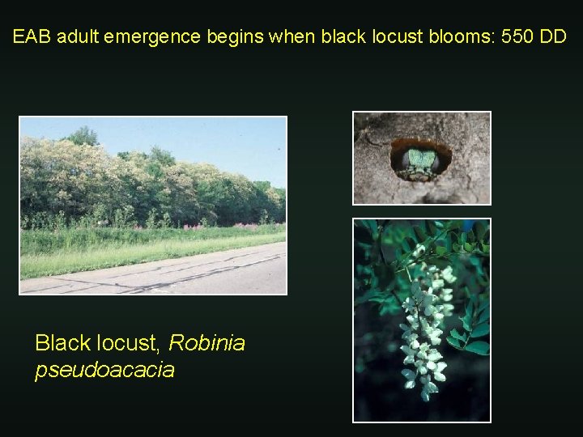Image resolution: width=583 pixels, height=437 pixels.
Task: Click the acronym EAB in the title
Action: point(29,37)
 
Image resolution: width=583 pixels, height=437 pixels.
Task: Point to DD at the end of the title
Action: point(554,37)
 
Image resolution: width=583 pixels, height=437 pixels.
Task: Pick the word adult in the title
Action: point(70,37)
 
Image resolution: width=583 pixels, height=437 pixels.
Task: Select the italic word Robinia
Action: point(206,343)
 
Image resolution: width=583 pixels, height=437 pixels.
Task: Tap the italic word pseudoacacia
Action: point(104,371)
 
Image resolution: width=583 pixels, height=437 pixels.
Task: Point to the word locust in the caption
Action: point(125,343)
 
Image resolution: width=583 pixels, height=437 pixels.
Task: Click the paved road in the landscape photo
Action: point(154,270)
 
